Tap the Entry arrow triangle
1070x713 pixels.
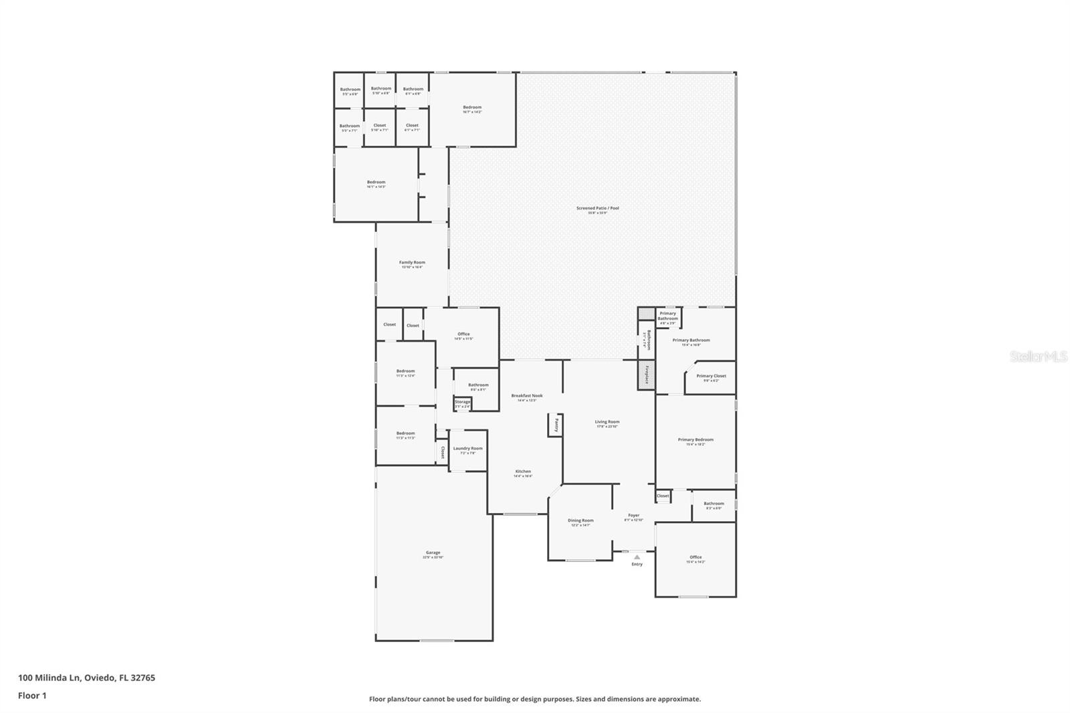pos(637,556)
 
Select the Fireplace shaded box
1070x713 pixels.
pos(646,375)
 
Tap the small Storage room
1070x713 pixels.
pos(463,403)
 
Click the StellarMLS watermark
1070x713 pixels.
pos(1038,357)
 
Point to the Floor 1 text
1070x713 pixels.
pos(32,696)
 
